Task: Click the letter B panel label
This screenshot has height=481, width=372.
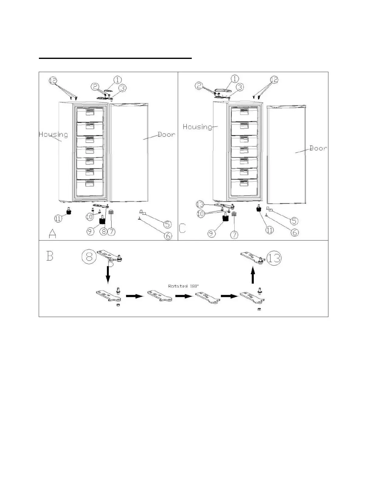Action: coord(50,256)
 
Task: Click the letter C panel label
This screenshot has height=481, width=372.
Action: coord(182,228)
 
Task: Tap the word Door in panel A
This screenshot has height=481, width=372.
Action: coord(166,135)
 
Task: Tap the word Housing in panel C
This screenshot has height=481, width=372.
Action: coord(197,127)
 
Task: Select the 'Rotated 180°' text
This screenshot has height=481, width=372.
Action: coord(181,286)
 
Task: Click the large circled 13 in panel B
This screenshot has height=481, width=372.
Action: coord(274,258)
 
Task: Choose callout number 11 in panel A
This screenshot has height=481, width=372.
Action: coord(58,218)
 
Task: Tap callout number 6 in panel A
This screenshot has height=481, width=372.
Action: coord(168,235)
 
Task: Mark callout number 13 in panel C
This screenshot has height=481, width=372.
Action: coord(200,204)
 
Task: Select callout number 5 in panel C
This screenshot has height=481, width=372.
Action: coord(294,221)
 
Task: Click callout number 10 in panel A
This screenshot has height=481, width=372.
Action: coord(89,217)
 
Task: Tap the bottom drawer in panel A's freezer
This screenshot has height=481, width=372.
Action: coord(90,187)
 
